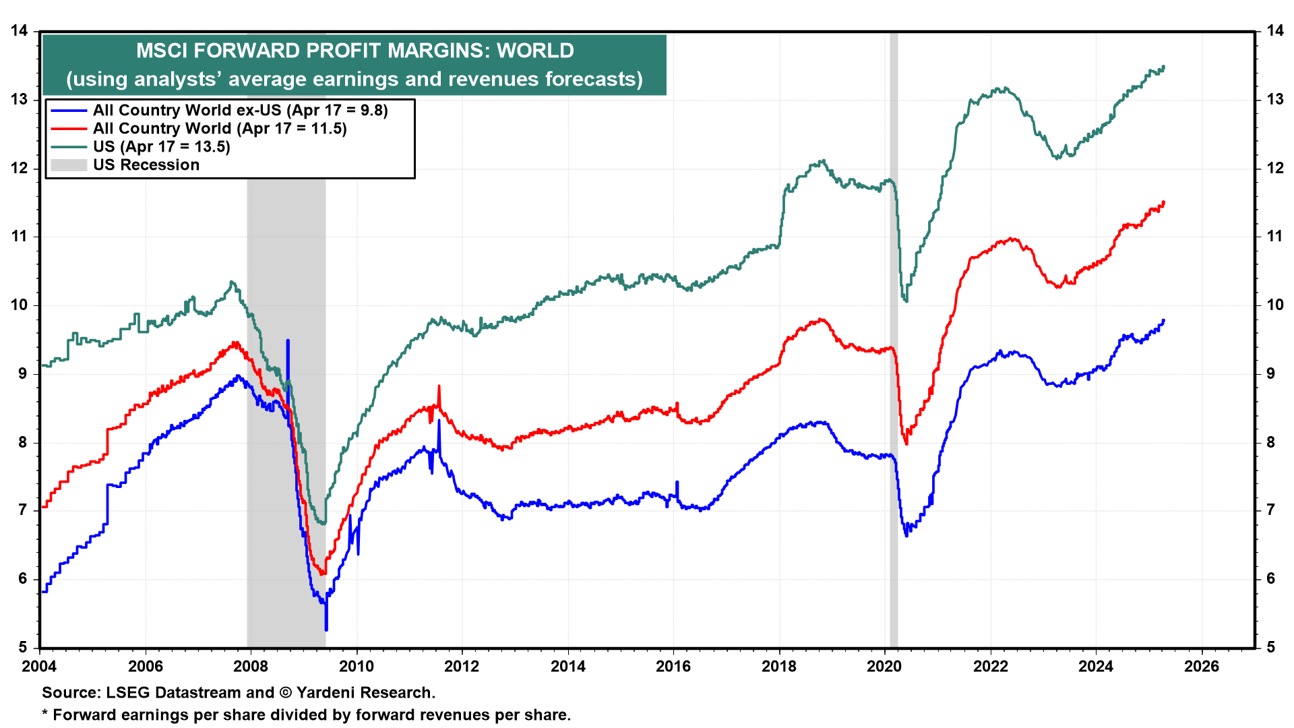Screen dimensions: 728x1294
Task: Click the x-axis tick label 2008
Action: pos(251,667)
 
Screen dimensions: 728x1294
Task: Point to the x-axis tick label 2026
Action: pos(1202,667)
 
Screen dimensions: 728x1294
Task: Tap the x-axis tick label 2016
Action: pos(673,667)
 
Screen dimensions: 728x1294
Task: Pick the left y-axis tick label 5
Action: pos(23,648)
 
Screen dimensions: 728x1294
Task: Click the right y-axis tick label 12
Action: pos(1274,169)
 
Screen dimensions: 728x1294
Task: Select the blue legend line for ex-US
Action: pos(69,111)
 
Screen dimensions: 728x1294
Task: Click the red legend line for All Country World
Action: pos(69,129)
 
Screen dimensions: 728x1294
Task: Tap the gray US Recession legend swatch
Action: pos(69,165)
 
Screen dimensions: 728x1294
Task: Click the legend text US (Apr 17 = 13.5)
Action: pos(162,147)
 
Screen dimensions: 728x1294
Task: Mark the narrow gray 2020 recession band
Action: pos(894,404)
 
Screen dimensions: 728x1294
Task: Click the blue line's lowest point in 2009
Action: pos(326,630)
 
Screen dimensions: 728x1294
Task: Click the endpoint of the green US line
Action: pos(1164,67)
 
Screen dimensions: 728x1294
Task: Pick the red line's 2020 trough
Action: pos(906,444)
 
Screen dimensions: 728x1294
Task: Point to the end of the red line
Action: pos(1164,202)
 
